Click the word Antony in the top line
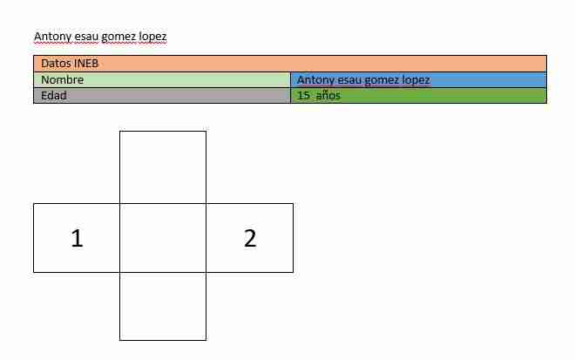coord(52,37)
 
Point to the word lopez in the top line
coord(153,37)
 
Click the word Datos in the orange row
coord(56,64)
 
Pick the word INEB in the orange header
coord(86,64)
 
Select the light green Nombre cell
coord(162,79)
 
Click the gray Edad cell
coord(162,95)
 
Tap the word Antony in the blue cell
coord(315,80)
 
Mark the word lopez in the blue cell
coord(416,80)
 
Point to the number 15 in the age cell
coord(303,95)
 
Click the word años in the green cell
coord(328,95)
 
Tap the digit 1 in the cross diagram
coord(77,238)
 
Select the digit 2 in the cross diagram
coord(250,238)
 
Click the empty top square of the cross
coord(163,167)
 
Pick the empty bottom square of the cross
coord(163,306)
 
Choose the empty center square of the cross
coord(163,238)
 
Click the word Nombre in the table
coord(63,79)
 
